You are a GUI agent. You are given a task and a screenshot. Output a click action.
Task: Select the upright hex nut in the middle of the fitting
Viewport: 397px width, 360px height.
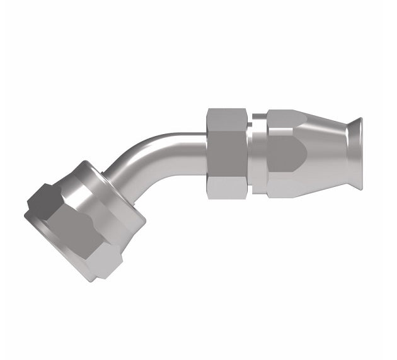point(227,154)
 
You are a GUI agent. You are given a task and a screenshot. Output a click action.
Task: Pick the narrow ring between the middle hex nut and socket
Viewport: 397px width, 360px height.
point(257,154)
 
